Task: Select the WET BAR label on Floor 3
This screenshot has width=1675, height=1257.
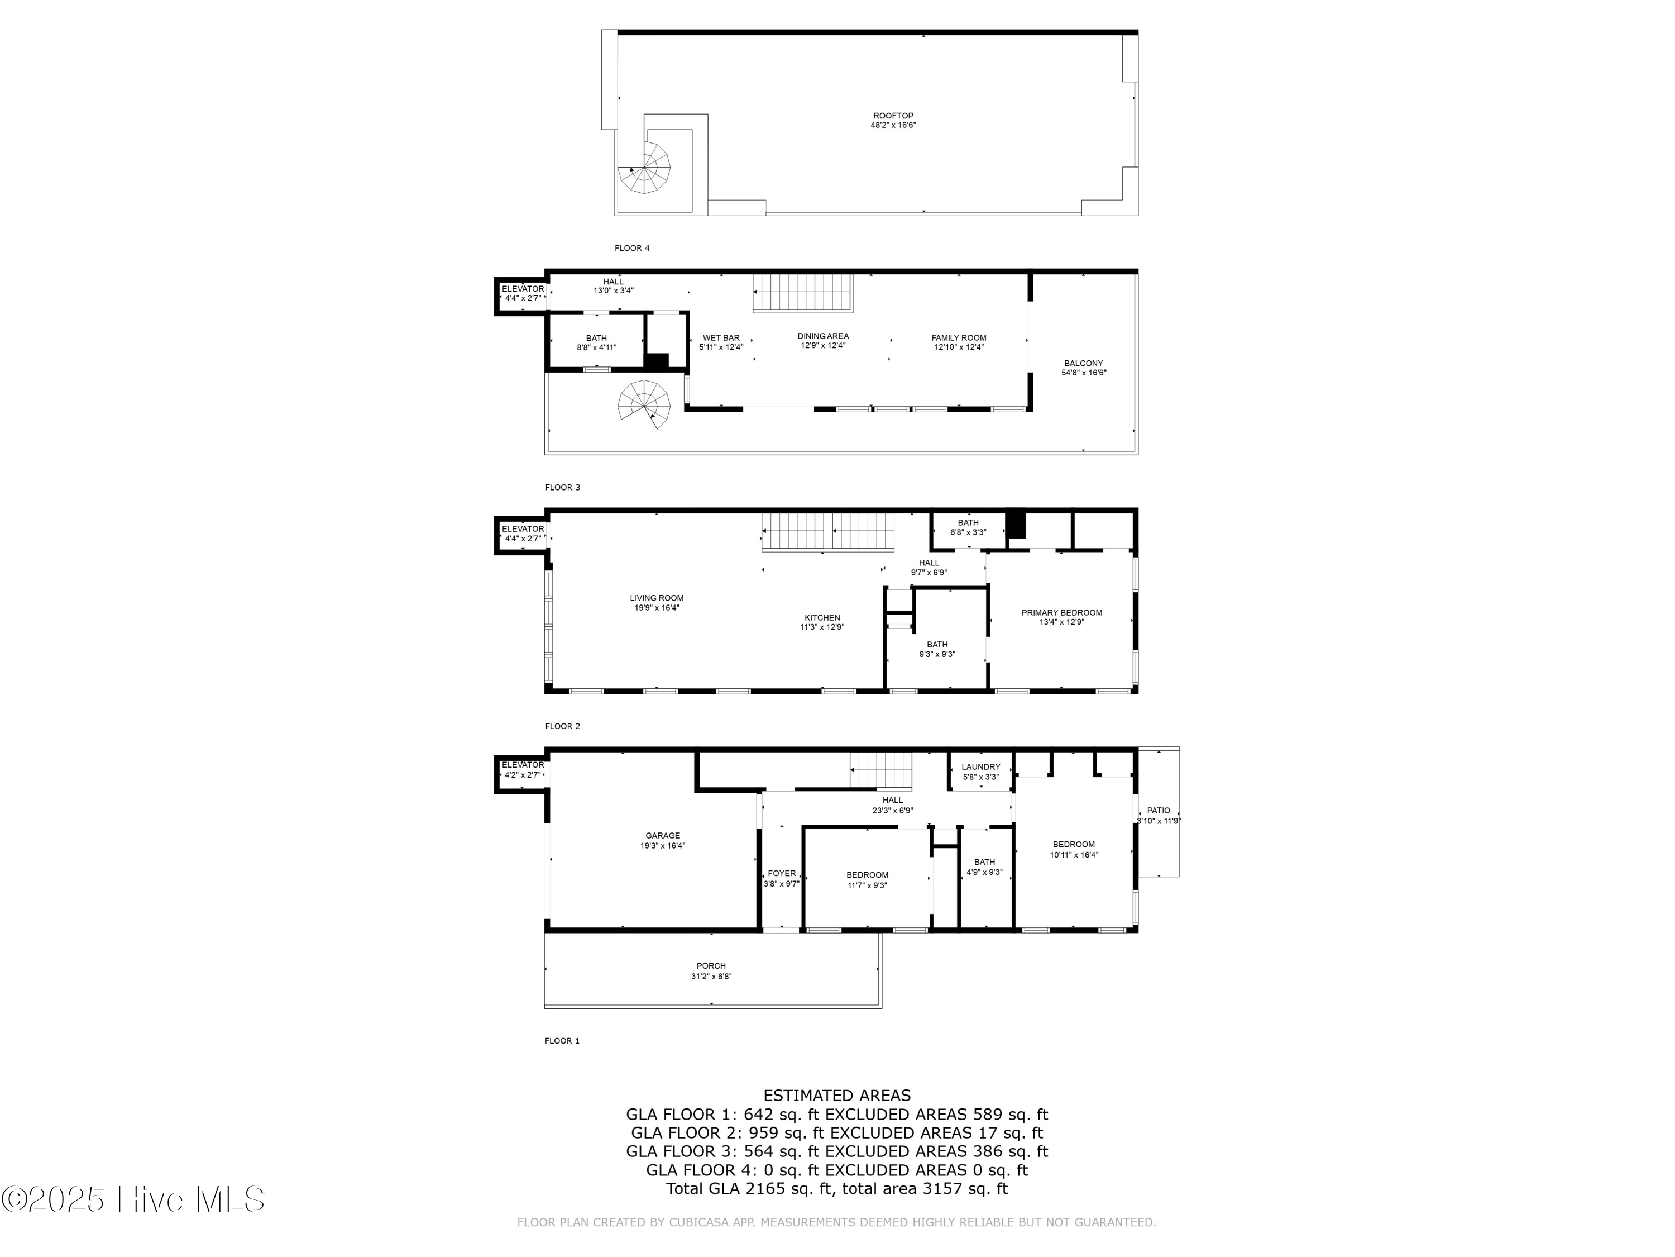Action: [721, 338]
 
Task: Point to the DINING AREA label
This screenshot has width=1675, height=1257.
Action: [822, 336]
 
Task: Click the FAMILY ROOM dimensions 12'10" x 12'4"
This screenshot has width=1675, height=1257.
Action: [959, 347]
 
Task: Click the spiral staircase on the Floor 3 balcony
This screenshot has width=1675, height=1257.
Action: [644, 403]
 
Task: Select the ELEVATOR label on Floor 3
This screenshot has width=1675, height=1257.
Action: [523, 289]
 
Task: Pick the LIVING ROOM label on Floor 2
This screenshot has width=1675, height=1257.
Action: [657, 598]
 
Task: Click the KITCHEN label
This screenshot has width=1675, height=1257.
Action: [822, 617]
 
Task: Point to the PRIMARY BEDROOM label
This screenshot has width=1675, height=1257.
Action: [1061, 612]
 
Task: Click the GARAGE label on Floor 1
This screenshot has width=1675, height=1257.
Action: [663, 835]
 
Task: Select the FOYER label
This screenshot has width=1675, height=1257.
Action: [782, 873]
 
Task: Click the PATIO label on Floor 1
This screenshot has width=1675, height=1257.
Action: [1158, 810]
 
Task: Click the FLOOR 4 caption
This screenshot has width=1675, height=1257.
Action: [631, 247]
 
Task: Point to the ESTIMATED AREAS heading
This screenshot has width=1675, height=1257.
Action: [837, 1095]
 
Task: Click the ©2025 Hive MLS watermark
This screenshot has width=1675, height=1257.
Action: [132, 1199]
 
